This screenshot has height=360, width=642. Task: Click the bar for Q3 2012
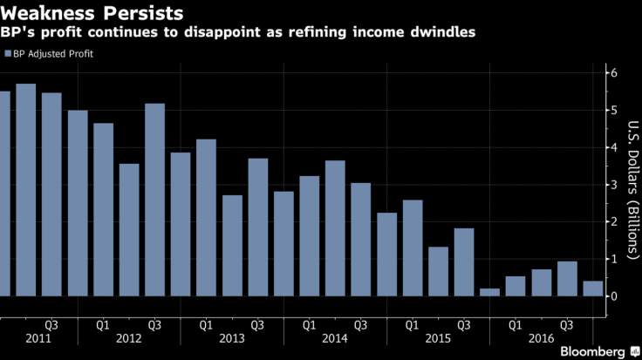coord(154,200)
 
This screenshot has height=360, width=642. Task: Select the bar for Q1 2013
coord(206,218)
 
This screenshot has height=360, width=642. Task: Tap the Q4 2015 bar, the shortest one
coord(490,292)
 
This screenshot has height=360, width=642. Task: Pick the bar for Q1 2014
coord(309,236)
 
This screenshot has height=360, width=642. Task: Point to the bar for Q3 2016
coord(567,279)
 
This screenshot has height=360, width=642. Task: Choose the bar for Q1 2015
coord(413,248)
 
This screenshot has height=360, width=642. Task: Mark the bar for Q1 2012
coord(103,210)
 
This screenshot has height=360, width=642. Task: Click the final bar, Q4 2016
coord(593,289)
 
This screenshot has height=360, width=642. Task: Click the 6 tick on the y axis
coord(614,73)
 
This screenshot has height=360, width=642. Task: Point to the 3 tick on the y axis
coord(614,185)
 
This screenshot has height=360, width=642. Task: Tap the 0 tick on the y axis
coord(614,296)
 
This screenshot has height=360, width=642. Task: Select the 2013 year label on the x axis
coord(231,338)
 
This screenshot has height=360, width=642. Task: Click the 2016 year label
coord(541,338)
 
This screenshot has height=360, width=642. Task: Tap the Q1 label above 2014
coord(309,325)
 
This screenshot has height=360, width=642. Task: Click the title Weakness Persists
coord(92,14)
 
